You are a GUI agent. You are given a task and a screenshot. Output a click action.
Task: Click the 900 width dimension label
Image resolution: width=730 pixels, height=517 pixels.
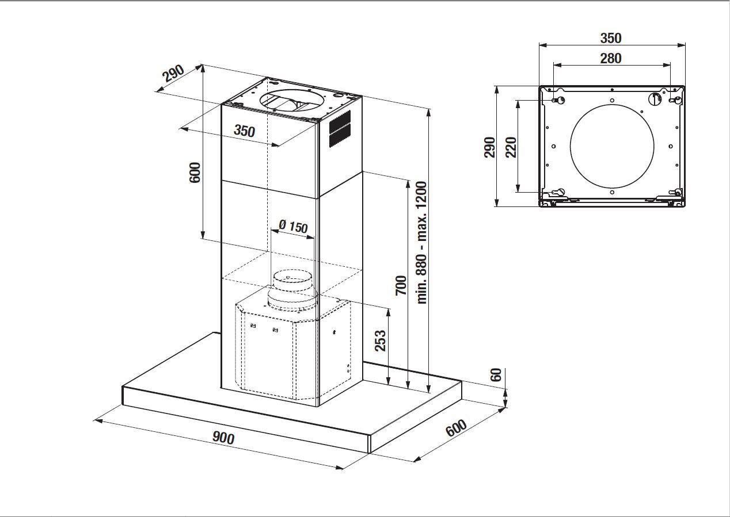pos(223,438)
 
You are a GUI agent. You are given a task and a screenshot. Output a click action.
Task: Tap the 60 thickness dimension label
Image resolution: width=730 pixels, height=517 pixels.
pos(496,375)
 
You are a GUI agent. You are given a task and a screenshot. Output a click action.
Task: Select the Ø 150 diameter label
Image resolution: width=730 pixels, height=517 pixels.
pos(293,225)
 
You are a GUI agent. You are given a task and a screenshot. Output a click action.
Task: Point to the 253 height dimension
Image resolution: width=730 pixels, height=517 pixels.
pos(380,341)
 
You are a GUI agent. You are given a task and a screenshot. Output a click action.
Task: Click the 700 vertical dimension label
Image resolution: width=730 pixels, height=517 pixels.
pos(401,285)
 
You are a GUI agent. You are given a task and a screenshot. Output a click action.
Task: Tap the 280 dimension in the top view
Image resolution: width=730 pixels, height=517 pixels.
pos(611,58)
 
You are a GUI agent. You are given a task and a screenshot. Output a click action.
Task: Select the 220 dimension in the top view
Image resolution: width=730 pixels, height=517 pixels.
pos(510,147)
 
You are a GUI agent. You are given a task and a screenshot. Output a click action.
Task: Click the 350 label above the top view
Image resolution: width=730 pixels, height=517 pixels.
pos(611,39)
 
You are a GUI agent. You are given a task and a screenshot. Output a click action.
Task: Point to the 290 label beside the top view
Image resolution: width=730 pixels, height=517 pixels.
pos(489,147)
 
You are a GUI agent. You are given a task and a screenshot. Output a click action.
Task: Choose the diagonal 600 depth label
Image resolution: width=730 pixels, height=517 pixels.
pos(455,428)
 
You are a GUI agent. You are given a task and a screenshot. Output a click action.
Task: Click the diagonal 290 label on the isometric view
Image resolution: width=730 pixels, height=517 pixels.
pos(173,73)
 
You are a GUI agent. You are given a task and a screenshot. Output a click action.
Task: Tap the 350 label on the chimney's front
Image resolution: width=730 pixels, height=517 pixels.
pos(244,131)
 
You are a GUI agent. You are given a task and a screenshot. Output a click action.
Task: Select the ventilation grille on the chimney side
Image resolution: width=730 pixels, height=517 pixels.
pos(340,129)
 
